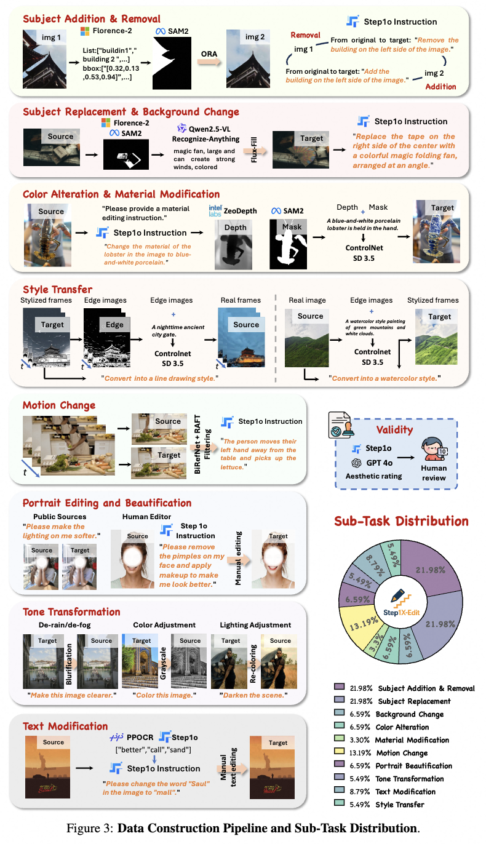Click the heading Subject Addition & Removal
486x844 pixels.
(92, 18)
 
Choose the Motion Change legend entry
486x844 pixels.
(402, 753)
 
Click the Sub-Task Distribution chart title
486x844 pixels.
(401, 522)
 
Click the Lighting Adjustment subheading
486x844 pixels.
(255, 625)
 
